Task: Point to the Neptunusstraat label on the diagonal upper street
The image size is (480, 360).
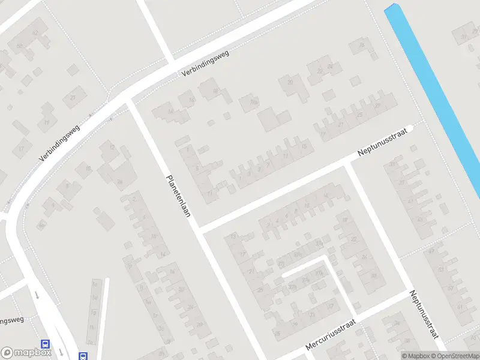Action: click(383, 142)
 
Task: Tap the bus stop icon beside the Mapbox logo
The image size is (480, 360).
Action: click(45, 344)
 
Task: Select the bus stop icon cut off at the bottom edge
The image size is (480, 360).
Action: click(83, 356)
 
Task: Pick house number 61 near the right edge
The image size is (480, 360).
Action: click(460, 307)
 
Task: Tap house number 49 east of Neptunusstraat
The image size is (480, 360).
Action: click(431, 251)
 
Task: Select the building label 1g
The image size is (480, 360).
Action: click(94, 313)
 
